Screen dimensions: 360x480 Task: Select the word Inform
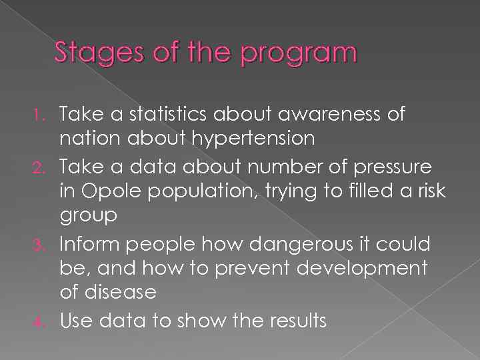click(86, 244)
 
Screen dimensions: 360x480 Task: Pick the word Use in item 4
click(75, 321)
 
